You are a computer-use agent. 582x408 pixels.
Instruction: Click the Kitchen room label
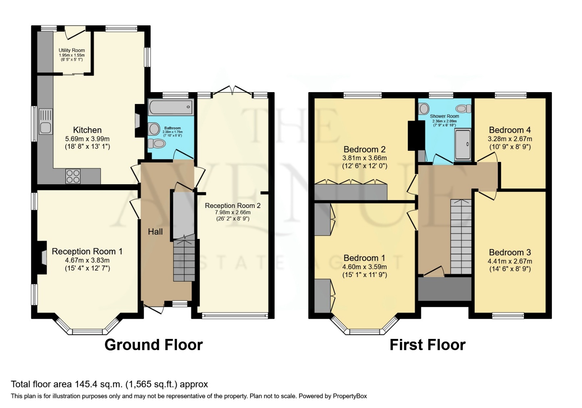tap(87, 130)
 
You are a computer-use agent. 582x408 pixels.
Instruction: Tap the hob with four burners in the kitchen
tap(73, 176)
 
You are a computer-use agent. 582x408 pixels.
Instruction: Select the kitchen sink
tap(46, 128)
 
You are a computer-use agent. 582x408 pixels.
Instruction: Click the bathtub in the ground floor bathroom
tap(171, 107)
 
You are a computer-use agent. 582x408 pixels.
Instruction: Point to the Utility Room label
tap(72, 50)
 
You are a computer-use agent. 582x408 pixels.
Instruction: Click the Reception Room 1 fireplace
tap(43, 258)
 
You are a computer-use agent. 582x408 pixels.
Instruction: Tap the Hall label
tap(155, 232)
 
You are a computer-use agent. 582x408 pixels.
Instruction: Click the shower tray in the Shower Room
tap(463, 144)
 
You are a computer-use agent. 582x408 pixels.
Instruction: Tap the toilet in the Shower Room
tap(463, 108)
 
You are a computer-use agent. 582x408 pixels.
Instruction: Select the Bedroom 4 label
tap(509, 130)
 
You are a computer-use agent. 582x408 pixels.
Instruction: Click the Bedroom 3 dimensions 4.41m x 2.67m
tap(509, 261)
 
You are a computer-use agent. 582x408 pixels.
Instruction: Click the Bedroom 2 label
tap(364, 149)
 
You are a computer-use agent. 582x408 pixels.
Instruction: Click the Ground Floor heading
tap(153, 345)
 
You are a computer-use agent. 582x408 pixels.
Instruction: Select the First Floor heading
tap(427, 345)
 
